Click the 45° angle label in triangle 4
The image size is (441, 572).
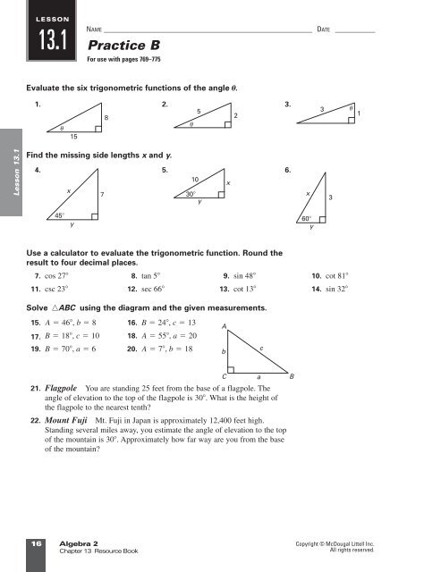click(56, 215)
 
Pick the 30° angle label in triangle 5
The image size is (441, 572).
click(191, 193)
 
